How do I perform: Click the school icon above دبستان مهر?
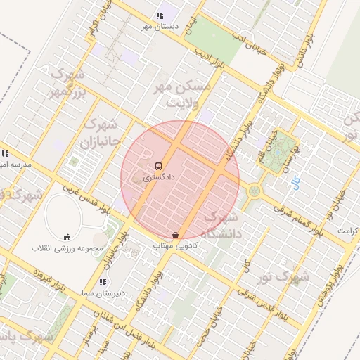coord(160,15)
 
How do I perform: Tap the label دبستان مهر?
coord(160,26)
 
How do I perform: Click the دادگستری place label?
coord(159,179)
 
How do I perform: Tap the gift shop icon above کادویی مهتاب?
coord(175,236)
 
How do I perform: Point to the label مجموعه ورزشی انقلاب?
coord(67,248)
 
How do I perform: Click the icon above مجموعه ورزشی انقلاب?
coord(67,237)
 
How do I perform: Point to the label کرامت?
coord(347,231)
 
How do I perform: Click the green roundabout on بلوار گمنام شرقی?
coord(254,191)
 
